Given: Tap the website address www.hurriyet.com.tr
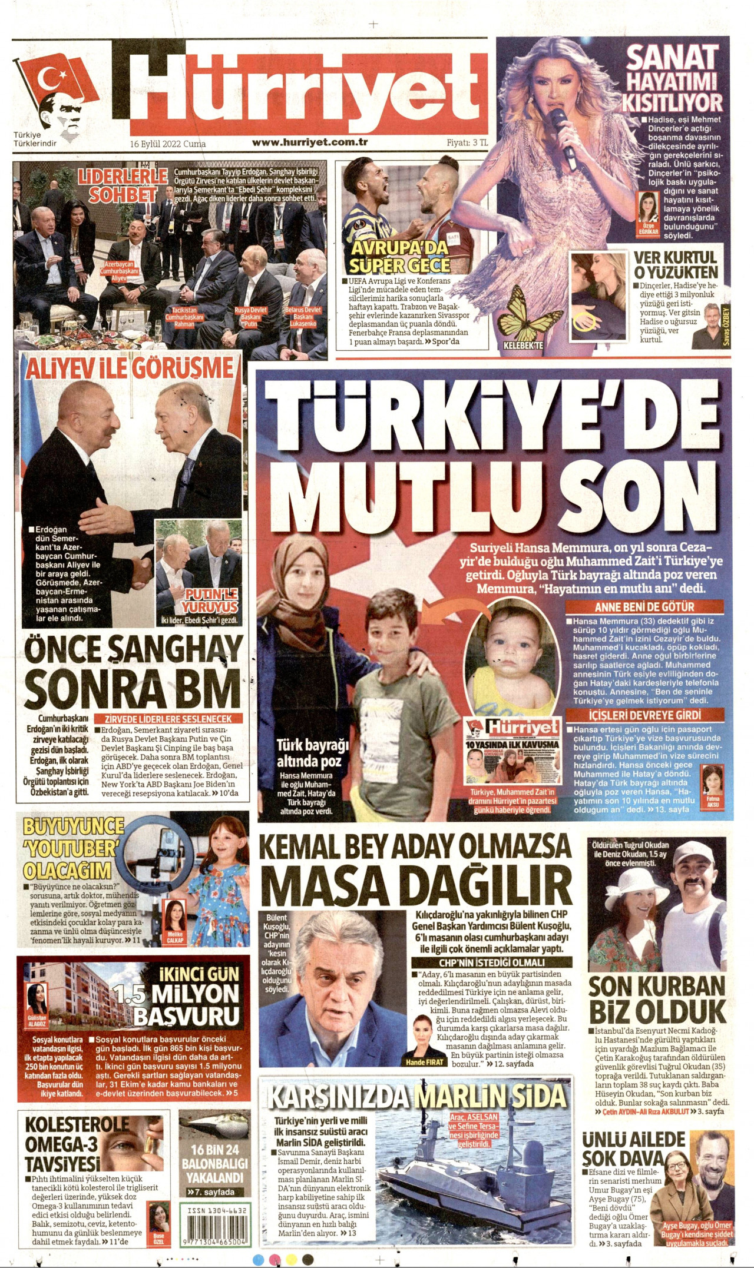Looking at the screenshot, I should coord(310,142).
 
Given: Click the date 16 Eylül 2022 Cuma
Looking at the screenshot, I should coord(168,144).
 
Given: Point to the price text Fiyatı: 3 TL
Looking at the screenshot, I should coord(467,142).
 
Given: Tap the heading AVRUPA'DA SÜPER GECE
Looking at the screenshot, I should coord(400,256).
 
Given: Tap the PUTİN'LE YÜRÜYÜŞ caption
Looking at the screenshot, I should coord(210,602).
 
